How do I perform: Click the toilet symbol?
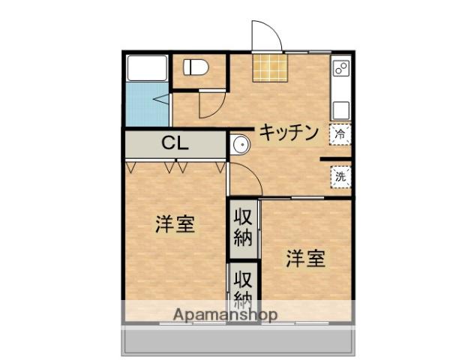click(x=196, y=67)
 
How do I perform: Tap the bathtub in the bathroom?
click(x=147, y=68)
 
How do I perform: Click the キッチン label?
click(x=289, y=133)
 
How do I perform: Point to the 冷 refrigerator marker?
click(x=340, y=135)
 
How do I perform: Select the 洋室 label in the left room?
click(x=175, y=224)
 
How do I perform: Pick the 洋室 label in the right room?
click(x=304, y=259)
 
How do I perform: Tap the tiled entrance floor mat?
click(x=269, y=68)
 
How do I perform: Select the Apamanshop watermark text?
click(x=225, y=314)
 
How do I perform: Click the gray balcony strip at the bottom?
click(x=237, y=342)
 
